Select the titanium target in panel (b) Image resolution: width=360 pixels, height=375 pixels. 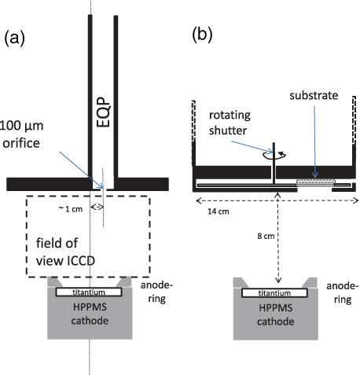click(274, 292)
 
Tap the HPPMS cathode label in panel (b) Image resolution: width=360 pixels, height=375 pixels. click(274, 312)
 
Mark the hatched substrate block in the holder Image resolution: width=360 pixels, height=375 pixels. click(314, 183)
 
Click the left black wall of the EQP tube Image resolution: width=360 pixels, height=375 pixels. click(89, 94)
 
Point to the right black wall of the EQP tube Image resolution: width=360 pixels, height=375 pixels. click(116, 94)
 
